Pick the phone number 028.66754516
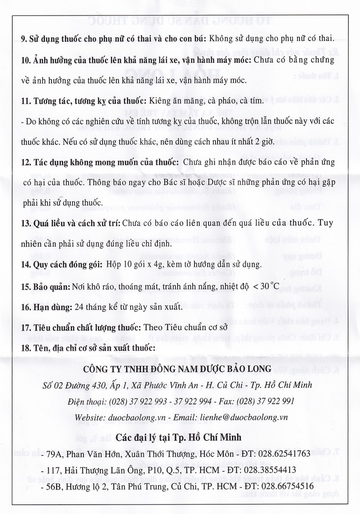point(285,485)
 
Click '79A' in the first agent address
point(52,454)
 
